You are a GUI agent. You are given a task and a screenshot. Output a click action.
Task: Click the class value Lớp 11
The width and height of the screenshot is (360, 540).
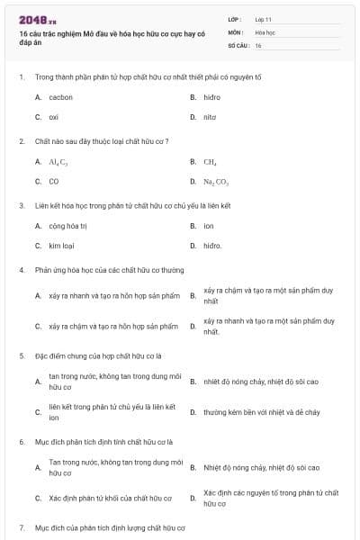point(263,18)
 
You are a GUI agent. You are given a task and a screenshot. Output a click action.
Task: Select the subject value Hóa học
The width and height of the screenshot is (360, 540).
point(265,31)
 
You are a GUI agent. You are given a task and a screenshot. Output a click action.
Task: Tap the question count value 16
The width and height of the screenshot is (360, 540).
point(258,45)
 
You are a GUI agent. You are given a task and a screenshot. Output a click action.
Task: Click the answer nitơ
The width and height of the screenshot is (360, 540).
point(210,117)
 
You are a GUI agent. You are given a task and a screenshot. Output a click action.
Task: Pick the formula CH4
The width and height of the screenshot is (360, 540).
point(210,162)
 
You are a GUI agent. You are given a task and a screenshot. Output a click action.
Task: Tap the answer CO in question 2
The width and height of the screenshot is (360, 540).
point(54,181)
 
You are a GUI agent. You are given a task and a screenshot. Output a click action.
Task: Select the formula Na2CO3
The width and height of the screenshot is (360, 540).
point(215,182)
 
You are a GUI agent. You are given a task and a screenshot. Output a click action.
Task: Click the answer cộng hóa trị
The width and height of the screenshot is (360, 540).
point(67,226)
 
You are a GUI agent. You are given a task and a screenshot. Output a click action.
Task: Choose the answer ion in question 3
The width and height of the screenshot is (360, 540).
point(208,226)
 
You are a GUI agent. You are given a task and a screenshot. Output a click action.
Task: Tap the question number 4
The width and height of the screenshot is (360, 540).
point(22,269)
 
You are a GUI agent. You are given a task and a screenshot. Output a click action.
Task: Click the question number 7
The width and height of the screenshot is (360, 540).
point(22,527)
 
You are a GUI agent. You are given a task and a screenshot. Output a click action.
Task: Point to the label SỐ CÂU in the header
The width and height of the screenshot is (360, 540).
point(238,45)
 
